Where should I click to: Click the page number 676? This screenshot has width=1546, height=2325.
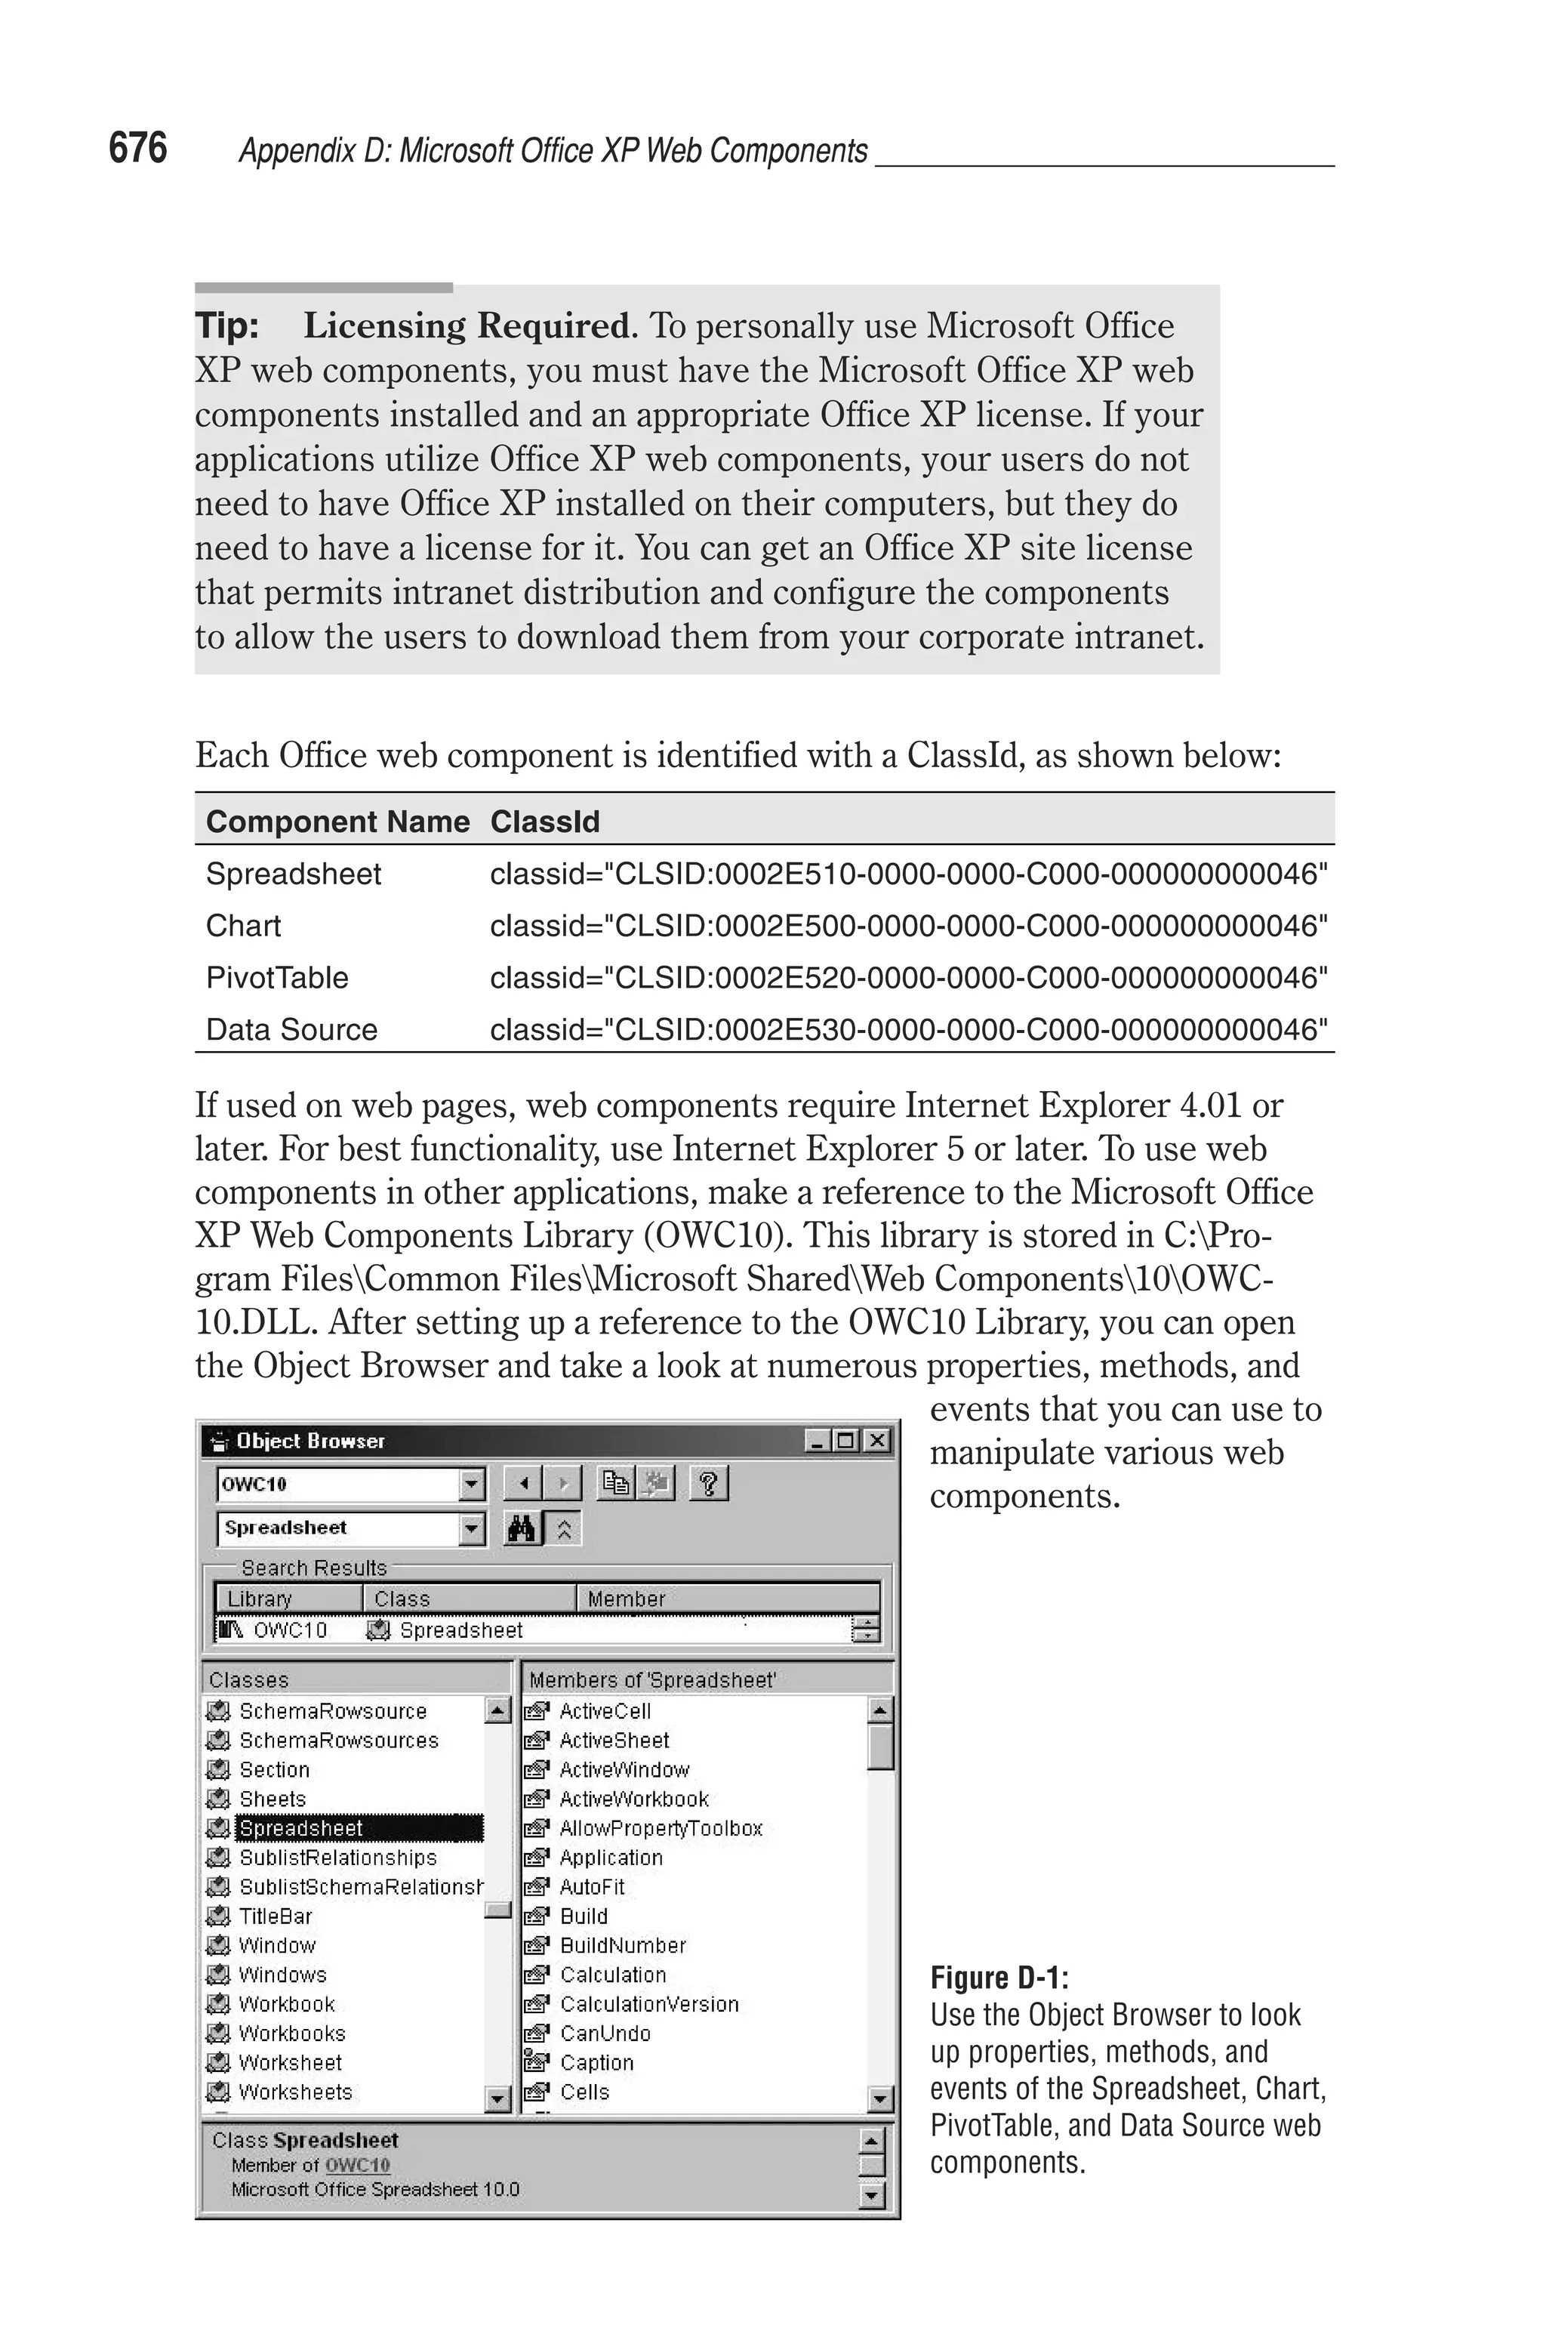(x=137, y=148)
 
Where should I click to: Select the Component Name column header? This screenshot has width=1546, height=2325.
(x=337, y=822)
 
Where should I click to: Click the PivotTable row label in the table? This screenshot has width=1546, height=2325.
(x=277, y=977)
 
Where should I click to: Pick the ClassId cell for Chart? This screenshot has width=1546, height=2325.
(x=908, y=926)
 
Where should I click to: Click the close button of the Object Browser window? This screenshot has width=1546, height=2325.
(x=876, y=1441)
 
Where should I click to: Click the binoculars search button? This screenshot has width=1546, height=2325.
(x=522, y=1529)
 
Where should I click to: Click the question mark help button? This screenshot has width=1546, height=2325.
(x=708, y=1483)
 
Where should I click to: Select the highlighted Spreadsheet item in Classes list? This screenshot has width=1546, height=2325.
(x=302, y=1828)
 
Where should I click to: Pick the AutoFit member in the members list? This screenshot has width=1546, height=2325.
(x=592, y=1886)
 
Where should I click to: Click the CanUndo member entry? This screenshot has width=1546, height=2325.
(x=605, y=2033)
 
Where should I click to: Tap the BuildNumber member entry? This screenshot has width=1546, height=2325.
(x=622, y=1945)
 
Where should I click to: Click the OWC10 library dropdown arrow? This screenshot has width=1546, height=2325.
(x=473, y=1483)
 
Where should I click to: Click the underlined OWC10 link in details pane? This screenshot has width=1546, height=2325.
(x=357, y=2165)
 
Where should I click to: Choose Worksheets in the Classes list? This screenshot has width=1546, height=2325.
(x=295, y=2092)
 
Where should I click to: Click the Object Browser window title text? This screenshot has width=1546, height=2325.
(x=310, y=1441)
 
